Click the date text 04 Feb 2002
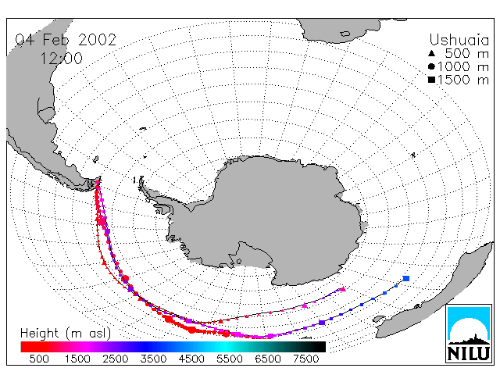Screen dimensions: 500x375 point(66,40)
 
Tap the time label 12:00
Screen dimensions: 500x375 point(61,59)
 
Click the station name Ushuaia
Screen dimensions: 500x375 point(459,40)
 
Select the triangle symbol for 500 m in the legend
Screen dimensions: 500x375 point(431,53)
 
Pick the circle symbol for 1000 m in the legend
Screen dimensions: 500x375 point(431,66)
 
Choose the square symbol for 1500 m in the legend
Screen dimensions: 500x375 point(431,80)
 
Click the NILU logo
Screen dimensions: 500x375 point(469,334)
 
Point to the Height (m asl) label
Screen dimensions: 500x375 point(66,334)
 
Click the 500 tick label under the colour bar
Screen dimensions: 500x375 point(39,359)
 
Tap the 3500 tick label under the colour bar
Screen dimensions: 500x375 point(153,359)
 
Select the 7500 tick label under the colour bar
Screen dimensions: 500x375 point(305,359)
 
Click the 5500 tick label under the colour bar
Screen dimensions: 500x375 point(230,359)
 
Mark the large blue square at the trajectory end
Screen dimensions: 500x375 point(406,278)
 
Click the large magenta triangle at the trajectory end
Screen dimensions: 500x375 point(343,289)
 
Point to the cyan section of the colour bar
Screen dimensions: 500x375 point(223,347)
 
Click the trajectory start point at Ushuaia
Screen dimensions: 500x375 point(98,182)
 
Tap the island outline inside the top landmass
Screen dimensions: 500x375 point(345,34)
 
